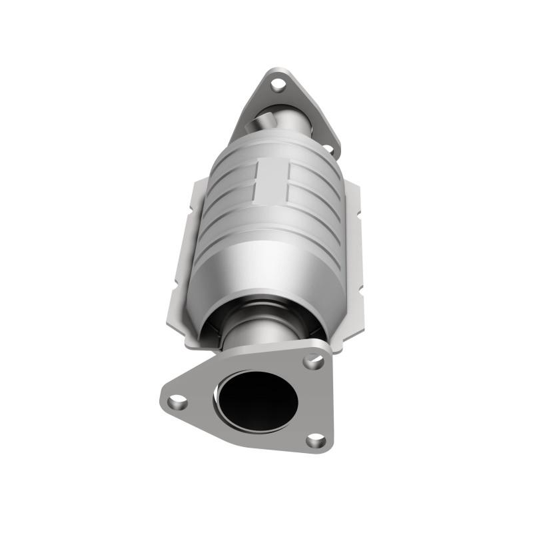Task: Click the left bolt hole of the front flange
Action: pos(177,401)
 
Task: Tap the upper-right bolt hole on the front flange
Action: pos(313,362)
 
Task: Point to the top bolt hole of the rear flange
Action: pos(278,85)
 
